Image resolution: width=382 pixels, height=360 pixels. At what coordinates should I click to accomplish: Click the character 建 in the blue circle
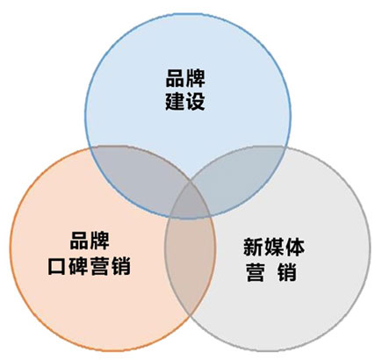coord(175,102)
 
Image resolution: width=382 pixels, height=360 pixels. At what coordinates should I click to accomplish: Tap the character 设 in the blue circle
coord(195,102)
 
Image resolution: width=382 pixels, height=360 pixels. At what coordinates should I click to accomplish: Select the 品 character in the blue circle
coord(175,78)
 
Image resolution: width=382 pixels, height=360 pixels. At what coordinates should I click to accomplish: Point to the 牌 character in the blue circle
coord(195,78)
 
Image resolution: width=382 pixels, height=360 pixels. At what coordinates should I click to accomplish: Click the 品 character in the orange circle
coord(79,241)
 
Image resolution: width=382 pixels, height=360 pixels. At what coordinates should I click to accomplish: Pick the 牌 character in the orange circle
coord(99,241)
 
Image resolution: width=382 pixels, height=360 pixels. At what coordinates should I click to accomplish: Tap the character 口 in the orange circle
coord(56,266)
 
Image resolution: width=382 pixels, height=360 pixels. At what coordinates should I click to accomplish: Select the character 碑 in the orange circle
coord(78,266)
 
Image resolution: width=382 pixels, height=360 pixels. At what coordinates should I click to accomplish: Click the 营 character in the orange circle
coord(99,266)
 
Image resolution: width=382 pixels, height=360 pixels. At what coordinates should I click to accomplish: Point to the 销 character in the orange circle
coord(120,266)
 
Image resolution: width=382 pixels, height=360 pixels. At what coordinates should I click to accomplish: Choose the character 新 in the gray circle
coord(253,248)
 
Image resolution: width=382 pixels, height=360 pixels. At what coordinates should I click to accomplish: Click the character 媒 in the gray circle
coord(274,248)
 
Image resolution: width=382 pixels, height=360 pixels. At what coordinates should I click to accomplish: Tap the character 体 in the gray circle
coord(294,248)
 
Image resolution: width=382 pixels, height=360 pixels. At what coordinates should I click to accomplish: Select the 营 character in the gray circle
coord(255,272)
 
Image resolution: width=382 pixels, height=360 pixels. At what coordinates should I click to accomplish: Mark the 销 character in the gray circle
coord(287,272)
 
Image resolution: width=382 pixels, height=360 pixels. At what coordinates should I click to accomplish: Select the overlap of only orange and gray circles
coord(190,257)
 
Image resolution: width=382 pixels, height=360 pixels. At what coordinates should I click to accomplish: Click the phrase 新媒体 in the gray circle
coord(274,248)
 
